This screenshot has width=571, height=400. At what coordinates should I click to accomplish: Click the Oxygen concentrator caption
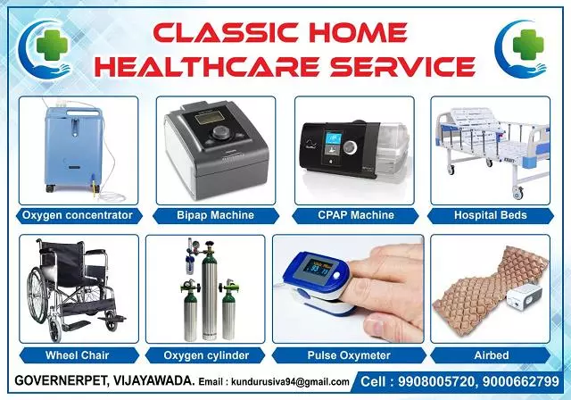tap(78, 215)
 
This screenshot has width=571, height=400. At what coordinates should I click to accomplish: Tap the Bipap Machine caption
tap(216, 215)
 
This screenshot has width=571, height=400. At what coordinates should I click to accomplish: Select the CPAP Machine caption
tap(354, 215)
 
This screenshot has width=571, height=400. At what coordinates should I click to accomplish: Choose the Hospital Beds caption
tap(492, 215)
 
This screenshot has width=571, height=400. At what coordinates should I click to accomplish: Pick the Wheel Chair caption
tap(78, 355)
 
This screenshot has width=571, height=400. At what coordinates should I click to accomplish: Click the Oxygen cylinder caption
tap(216, 355)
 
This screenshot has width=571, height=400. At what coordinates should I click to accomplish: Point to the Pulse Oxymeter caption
tap(354, 355)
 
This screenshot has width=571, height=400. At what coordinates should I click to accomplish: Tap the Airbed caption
tap(492, 355)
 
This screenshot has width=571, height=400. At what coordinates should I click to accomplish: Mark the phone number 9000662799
tap(530, 380)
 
